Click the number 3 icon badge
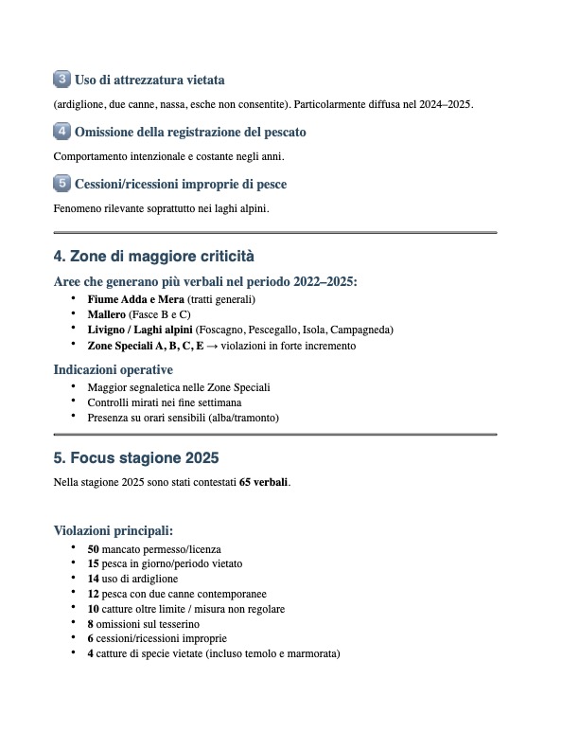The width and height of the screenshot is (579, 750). (61, 79)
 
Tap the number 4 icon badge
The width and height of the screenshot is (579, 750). (61, 131)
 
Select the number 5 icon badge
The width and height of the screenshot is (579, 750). (61, 183)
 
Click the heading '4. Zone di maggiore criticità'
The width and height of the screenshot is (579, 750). (154, 257)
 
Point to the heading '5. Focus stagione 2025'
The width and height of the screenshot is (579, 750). (136, 458)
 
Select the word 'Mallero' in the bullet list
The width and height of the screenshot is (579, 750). (106, 314)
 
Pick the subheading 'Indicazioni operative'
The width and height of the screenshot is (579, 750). (114, 369)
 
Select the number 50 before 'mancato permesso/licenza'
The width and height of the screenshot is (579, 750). (94, 549)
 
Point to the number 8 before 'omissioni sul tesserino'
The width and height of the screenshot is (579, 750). (91, 624)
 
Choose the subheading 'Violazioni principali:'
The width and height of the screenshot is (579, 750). (114, 530)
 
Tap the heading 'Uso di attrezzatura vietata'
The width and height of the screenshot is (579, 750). (149, 80)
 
